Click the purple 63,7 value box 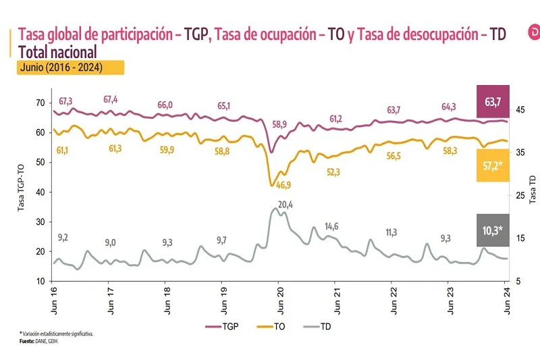[492, 102]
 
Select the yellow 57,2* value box [492, 165]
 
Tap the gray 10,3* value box [492, 230]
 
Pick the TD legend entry [317, 327]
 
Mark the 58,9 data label [279, 124]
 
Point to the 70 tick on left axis [40, 102]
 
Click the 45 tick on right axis [521, 109]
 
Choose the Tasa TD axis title [533, 190]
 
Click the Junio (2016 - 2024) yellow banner [71, 68]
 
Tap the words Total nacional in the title [58, 51]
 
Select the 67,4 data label [111, 99]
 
